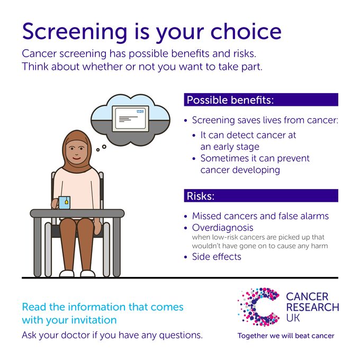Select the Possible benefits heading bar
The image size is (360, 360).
tap(260, 100)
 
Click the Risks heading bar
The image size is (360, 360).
tap(260, 196)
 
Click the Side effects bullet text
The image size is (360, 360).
tap(217, 257)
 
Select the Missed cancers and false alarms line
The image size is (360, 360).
tap(260, 216)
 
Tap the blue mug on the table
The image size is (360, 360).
tap(64, 202)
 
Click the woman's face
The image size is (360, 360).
tap(77, 153)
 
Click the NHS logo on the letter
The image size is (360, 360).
tap(140, 112)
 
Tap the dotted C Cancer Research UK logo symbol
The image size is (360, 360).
tap(258, 307)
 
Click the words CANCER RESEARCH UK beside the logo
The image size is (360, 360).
tap(312, 307)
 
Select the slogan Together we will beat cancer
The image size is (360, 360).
tap(286, 336)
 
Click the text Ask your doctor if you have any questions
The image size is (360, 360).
tap(112, 335)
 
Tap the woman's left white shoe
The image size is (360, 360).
tap(67, 274)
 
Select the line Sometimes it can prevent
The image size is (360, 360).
tap(255, 158)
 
